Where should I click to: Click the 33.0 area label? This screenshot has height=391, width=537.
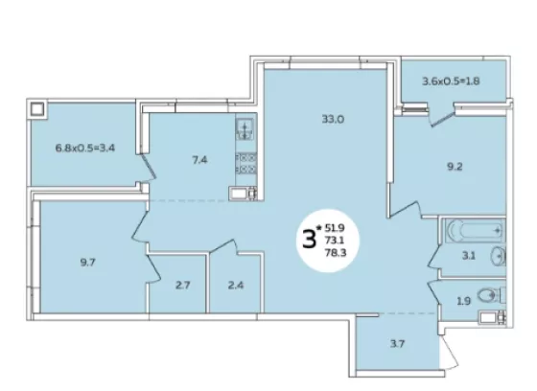tap(333, 120)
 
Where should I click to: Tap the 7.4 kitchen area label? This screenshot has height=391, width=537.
tap(199, 160)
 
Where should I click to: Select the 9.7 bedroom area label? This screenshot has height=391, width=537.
tap(87, 263)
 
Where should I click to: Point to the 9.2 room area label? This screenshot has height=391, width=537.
tap(455, 167)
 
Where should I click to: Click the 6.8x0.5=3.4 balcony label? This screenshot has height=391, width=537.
tap(85, 149)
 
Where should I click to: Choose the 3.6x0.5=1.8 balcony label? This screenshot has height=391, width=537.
tap(451, 81)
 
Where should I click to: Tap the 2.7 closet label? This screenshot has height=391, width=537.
tap(182, 285)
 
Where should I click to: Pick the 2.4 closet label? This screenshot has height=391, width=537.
tap(236, 285)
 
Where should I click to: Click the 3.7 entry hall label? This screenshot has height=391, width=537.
tap(397, 343)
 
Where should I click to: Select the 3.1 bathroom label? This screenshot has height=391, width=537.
tap(469, 256)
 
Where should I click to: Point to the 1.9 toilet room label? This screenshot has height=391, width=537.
tap(463, 301)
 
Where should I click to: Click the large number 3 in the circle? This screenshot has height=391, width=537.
tap(309, 240)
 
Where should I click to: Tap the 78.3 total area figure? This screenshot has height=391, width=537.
tap(336, 253)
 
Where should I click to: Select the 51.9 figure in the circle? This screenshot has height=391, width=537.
tap(335, 228)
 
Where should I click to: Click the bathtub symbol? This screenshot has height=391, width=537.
tap(476, 230)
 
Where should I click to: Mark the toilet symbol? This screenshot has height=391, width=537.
tap(491, 295)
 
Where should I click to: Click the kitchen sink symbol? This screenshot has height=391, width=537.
tap(245, 128)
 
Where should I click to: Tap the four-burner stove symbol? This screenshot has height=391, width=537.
tap(245, 163)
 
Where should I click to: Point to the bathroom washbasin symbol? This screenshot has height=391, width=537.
tap(499, 256)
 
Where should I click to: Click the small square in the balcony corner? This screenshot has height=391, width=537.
tap(37, 109)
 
